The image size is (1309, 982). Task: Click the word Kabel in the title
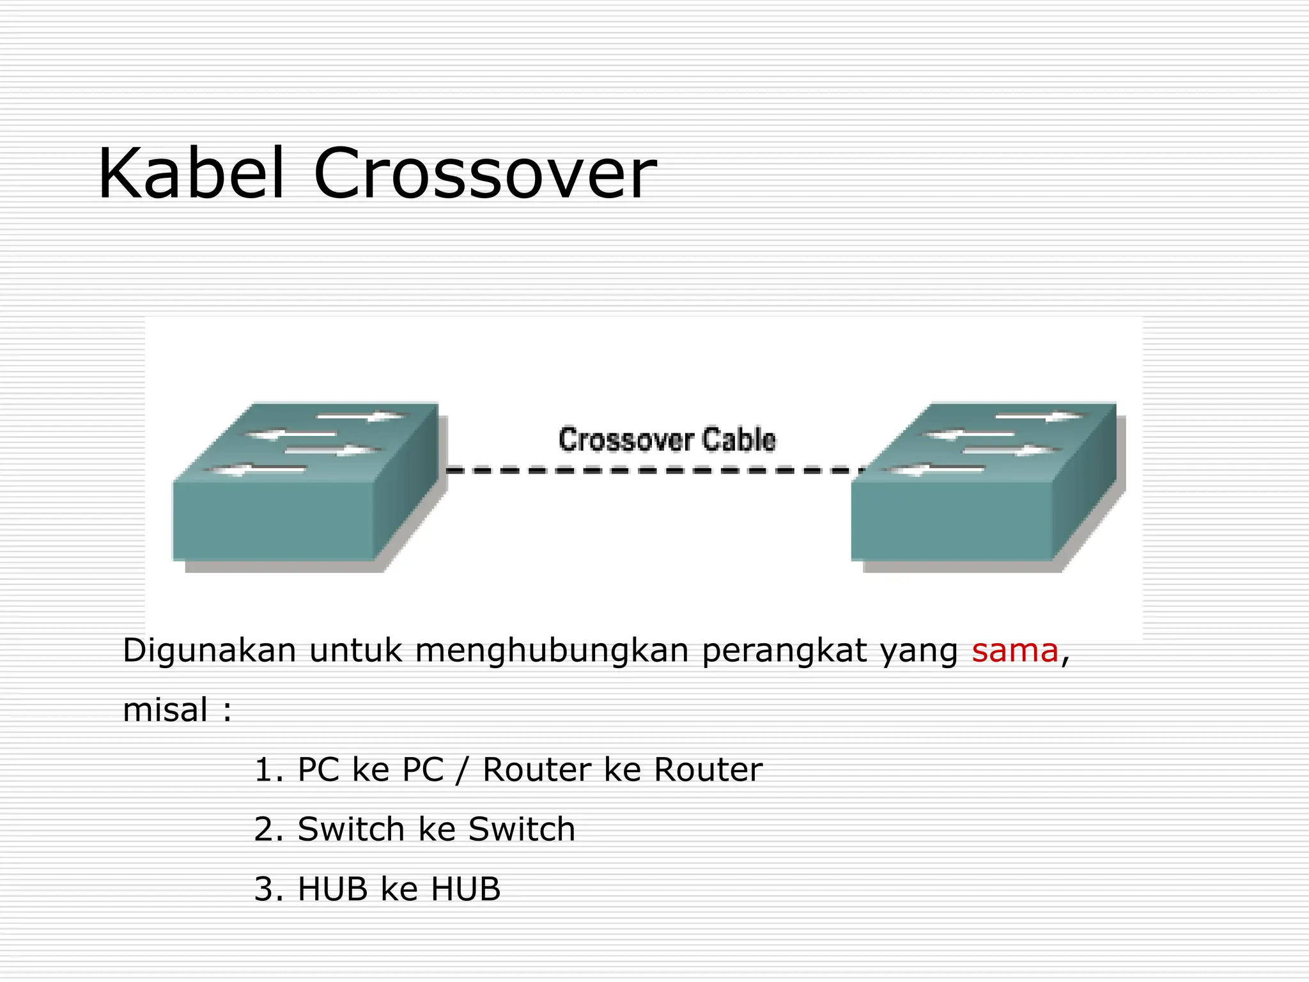point(190,174)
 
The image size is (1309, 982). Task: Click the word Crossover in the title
point(484,174)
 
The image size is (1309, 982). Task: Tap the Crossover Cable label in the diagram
point(667,440)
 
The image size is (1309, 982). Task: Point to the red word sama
point(1015,651)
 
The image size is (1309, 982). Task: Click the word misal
point(165,710)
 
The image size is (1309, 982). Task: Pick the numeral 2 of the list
point(263,829)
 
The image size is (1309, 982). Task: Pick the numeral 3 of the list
point(263,889)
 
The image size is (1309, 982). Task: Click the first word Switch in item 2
point(351,829)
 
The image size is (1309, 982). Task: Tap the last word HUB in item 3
point(466,889)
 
